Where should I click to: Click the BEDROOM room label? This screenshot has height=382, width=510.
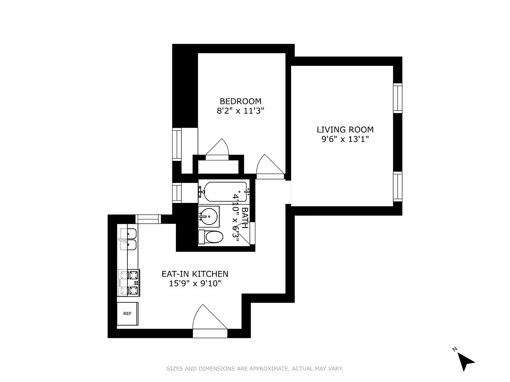[241, 101]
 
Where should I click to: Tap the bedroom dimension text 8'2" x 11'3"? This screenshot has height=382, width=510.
[241, 111]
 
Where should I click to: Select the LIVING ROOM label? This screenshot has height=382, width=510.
[345, 129]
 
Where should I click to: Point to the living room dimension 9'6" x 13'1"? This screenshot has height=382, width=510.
[345, 139]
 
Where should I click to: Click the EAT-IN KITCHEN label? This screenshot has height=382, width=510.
[195, 274]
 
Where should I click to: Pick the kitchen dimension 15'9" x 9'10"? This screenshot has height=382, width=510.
[195, 284]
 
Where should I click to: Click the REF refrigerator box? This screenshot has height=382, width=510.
[127, 314]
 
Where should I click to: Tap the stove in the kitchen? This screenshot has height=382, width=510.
[129, 283]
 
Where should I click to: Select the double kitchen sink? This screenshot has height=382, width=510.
[128, 239]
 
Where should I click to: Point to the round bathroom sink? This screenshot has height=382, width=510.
[209, 216]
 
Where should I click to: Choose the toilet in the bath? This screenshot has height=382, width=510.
[211, 237]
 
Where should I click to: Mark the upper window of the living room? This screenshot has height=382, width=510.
[397, 98]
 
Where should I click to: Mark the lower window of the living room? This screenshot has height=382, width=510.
[397, 187]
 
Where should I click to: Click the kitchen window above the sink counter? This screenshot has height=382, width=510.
[148, 219]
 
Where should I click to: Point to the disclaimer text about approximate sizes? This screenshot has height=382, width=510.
[255, 368]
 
